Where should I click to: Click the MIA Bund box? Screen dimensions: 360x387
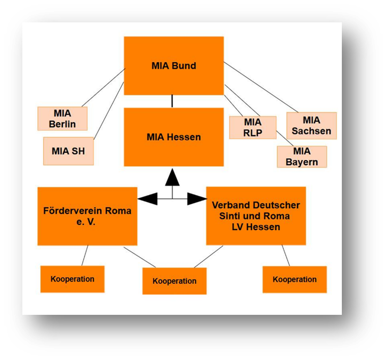pyautogui.click(x=174, y=66)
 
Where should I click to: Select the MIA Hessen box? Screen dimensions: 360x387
pyautogui.click(x=174, y=137)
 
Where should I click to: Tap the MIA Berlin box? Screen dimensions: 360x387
pyautogui.click(x=62, y=119)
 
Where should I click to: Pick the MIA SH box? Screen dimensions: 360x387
pyautogui.click(x=68, y=151)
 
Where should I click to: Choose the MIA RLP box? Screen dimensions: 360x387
pyautogui.click(x=252, y=127)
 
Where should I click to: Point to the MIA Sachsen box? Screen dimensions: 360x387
pyautogui.click(x=311, y=126)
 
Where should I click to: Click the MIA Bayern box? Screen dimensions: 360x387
pyautogui.click(x=302, y=156)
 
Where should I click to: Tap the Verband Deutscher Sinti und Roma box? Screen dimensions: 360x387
pyautogui.click(x=256, y=216)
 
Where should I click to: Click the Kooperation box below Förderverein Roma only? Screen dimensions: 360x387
pyautogui.click(x=72, y=279)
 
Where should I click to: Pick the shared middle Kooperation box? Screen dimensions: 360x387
pyautogui.click(x=174, y=281)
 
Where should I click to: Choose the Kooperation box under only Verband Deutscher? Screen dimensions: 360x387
pyautogui.click(x=295, y=279)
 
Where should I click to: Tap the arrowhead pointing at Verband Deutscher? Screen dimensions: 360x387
pyautogui.click(x=196, y=198)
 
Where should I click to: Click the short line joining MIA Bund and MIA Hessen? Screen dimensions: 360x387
pyautogui.click(x=172, y=101)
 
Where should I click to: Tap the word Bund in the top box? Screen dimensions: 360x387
pyautogui.click(x=184, y=66)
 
